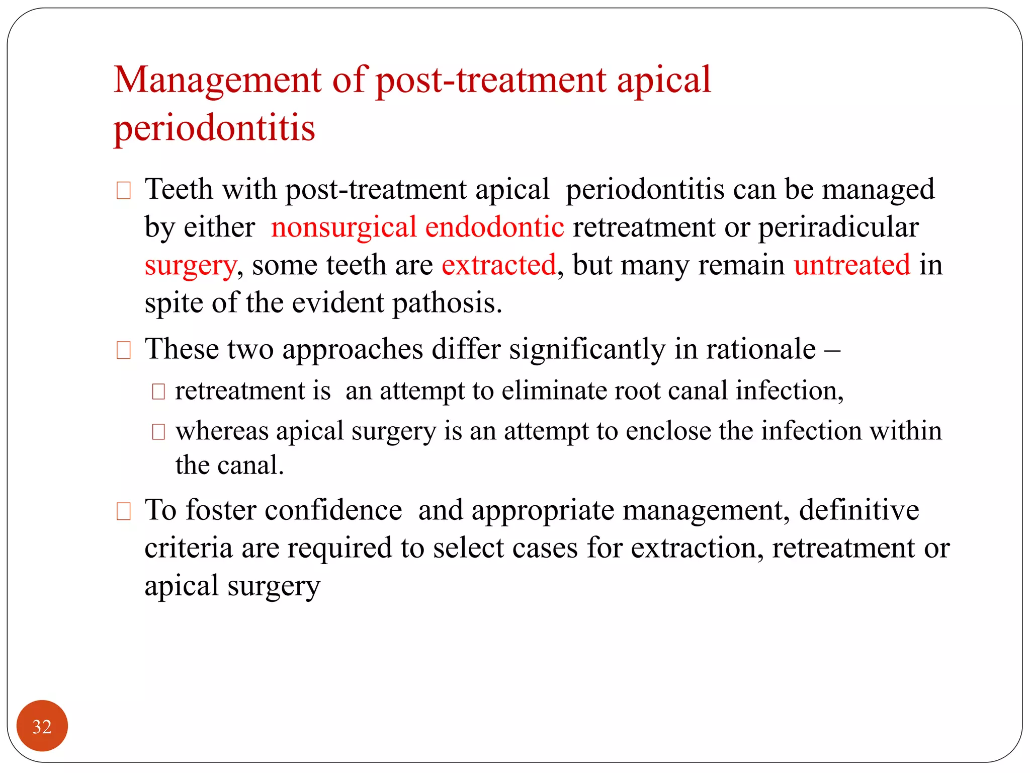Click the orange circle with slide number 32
click(42, 726)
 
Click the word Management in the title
click(218, 81)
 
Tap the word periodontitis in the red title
click(214, 128)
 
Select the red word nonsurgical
click(344, 227)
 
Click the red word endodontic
click(494, 227)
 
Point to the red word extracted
click(499, 265)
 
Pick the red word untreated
click(852, 265)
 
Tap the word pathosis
click(447, 303)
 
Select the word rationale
click(761, 349)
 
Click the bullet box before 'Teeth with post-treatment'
click(123, 191)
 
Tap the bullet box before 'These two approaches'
click(123, 350)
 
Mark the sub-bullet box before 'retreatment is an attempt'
click(158, 392)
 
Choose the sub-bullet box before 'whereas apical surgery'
click(158, 432)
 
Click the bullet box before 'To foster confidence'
click(123, 511)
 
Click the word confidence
click(333, 510)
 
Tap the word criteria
click(189, 548)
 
